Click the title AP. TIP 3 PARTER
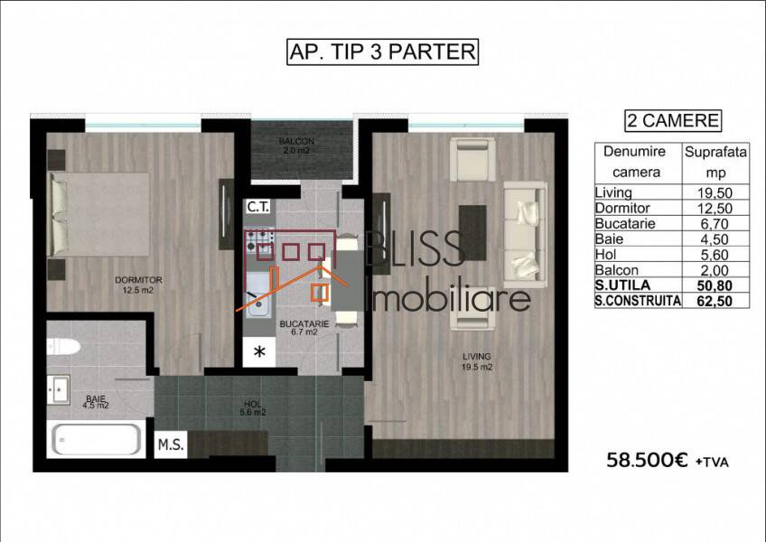[382, 51]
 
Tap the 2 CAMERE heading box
[673, 121]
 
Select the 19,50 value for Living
[715, 192]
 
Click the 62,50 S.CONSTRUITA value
[715, 301]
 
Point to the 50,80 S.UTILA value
[715, 285]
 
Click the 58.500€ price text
[647, 460]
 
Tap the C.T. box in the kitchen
[258, 207]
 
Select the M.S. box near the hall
[171, 444]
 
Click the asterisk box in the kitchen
[259, 351]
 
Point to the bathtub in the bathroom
[97, 439]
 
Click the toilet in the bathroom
[63, 347]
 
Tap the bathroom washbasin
[58, 389]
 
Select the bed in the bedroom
[98, 214]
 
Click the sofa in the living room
[525, 235]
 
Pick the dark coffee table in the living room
[472, 233]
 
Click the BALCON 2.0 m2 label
[296, 145]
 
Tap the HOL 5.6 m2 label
[253, 408]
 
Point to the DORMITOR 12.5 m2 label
[138, 285]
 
